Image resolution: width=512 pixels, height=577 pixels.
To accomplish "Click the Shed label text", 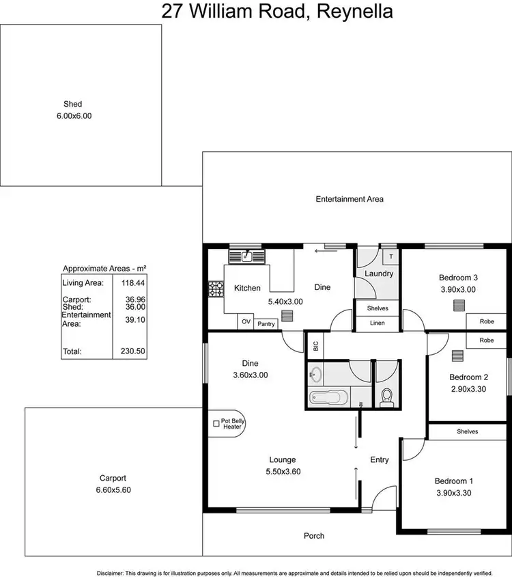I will coord(72,105).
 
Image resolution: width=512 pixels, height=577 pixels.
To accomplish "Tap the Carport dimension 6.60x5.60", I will coord(112,489).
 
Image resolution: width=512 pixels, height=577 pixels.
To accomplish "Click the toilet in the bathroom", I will coord(387,397).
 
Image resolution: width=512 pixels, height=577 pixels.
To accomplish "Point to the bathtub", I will coord(328,397).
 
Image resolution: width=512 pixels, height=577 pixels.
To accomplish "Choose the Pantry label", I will coord(266,324).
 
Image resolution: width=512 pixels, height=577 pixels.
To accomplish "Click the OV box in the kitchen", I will coord(246,321).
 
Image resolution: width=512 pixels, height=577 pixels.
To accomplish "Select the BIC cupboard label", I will coord(315,346).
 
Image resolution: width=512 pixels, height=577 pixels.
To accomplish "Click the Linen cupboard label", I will coord(378,323).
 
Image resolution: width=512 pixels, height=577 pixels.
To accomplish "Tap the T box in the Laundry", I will coord(391,257).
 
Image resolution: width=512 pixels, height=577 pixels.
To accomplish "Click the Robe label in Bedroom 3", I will coord(487,320).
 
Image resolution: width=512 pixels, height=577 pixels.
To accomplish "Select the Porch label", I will coord(314,535).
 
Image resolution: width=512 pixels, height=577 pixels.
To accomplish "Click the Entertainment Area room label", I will coord(350,199).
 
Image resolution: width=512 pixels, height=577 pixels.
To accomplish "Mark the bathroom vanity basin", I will coord(315,374).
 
